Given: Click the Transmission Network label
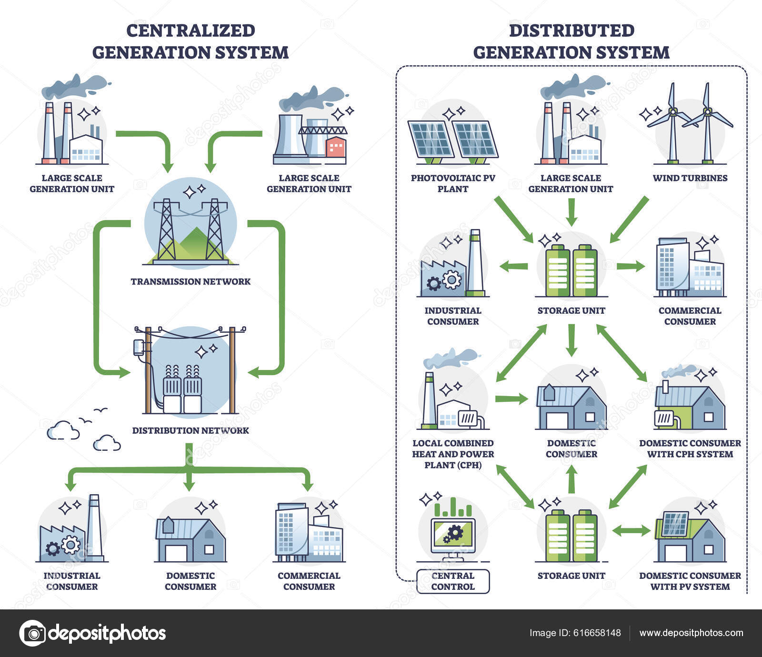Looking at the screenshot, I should point(190,281).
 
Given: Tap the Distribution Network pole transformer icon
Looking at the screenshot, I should point(190,371).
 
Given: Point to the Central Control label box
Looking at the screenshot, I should point(453,581).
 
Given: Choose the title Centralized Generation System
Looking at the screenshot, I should point(190,41).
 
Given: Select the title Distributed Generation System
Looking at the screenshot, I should point(571,41).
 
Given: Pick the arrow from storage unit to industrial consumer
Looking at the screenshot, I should point(513,266).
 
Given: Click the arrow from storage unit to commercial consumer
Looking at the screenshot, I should point(630,266).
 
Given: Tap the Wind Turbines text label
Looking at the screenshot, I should point(690,178).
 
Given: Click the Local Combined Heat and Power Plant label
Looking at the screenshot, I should point(453,454).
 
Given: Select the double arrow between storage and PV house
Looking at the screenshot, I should point(631,530).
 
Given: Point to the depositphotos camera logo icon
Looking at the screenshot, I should point(33,633).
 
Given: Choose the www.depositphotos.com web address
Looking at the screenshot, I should point(691,633).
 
